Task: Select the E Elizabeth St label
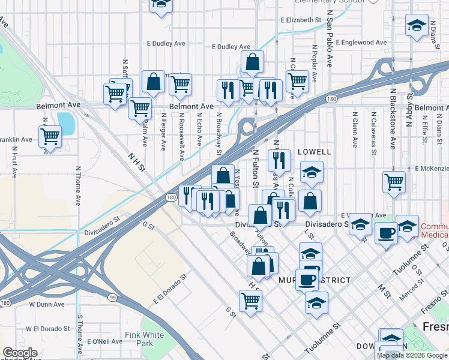click(x=300, y=20)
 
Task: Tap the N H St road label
click(x=137, y=163)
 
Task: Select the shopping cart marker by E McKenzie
click(x=394, y=181)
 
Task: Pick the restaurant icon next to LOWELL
click(x=279, y=160)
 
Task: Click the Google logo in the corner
click(x=20, y=353)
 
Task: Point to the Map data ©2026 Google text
click(x=412, y=355)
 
